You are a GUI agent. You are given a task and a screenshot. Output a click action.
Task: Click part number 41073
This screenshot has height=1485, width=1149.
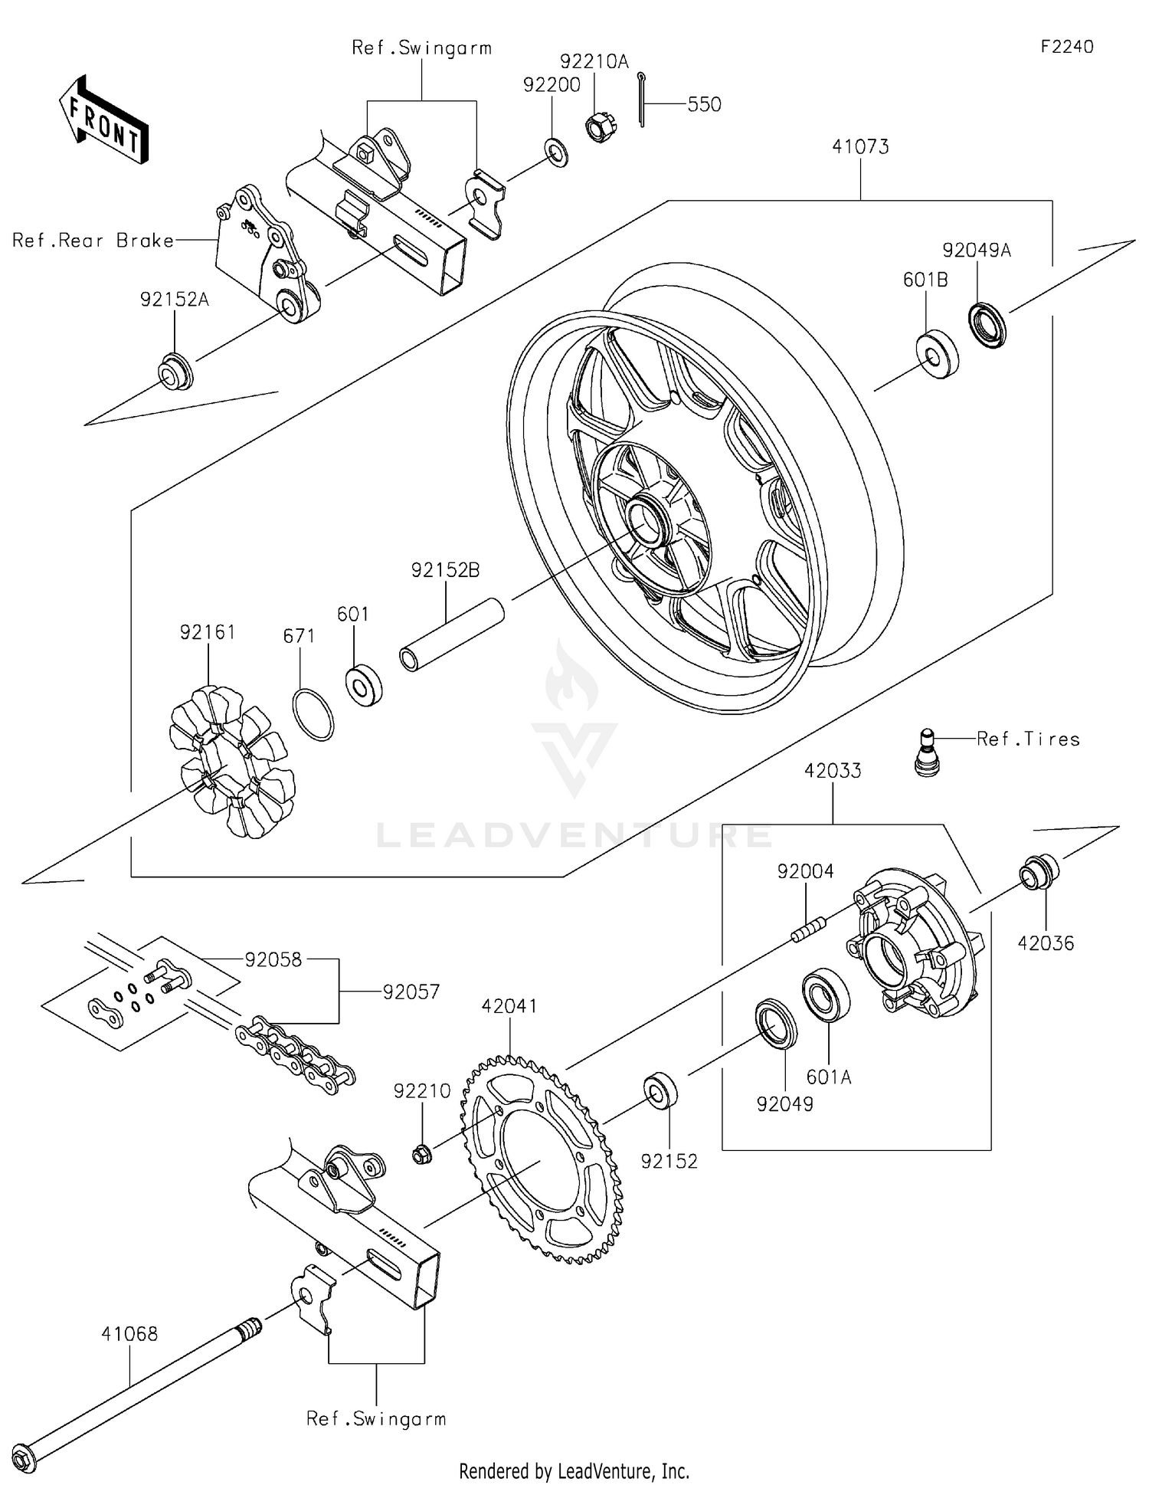point(860,147)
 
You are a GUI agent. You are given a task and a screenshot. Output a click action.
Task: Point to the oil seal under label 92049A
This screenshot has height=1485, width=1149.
point(988,325)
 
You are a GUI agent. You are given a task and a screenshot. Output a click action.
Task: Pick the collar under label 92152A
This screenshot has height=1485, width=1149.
point(175,371)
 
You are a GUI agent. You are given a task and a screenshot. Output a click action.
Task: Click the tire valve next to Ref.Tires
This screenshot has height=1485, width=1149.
point(927,753)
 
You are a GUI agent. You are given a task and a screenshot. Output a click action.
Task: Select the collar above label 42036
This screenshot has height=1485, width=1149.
point(1039,872)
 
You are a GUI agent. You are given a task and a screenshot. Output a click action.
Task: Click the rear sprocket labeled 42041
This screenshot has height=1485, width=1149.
point(542,1160)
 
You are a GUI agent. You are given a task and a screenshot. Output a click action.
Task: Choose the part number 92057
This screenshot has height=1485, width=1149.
point(411,992)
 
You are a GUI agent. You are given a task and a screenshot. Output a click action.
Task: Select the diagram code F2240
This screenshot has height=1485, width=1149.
point(1067,47)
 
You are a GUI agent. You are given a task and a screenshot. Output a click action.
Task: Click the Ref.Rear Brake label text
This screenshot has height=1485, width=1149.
point(93,241)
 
